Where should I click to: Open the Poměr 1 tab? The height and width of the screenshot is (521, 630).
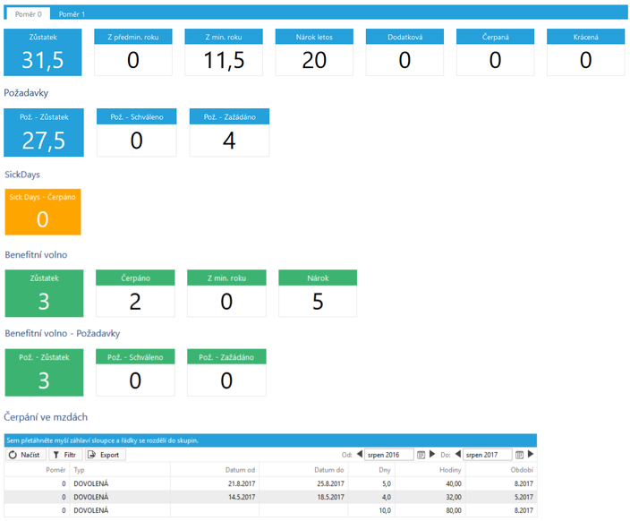(72, 14)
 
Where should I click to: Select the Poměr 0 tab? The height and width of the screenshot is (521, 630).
(28, 14)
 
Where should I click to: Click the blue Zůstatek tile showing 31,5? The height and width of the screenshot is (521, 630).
(43, 52)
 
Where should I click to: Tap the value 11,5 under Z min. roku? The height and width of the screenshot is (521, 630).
(224, 60)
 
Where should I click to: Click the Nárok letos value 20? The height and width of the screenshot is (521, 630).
(314, 60)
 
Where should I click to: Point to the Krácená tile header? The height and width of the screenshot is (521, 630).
(586, 37)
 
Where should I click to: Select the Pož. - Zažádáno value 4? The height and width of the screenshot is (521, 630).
(229, 141)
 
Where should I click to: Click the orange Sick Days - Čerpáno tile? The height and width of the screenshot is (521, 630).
(43, 212)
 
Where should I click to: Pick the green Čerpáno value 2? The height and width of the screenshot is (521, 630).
(135, 302)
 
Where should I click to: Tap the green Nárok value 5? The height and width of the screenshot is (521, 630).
(318, 302)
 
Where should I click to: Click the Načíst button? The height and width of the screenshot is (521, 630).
(26, 455)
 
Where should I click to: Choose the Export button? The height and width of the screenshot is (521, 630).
(106, 455)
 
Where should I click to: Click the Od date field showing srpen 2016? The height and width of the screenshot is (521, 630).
(388, 455)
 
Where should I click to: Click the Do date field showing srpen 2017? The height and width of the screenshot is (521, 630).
(488, 455)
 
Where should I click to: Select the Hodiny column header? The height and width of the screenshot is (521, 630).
(450, 470)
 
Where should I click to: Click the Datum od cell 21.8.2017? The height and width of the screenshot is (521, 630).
(242, 483)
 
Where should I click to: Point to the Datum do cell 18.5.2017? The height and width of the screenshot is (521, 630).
(330, 497)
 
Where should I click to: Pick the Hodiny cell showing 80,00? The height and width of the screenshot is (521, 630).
(454, 510)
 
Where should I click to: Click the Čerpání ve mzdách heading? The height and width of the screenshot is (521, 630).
(46, 417)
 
